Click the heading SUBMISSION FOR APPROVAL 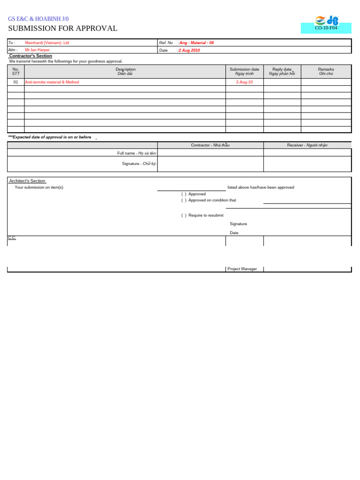[x=63, y=29]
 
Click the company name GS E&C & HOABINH [x=38, y=19]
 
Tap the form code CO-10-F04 [x=326, y=28]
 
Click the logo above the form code [x=326, y=20]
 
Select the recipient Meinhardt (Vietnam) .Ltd [x=47, y=43]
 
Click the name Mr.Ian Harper [x=37, y=50]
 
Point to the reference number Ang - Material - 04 [x=196, y=43]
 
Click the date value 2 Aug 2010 [x=189, y=50]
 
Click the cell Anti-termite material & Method [x=52, y=82]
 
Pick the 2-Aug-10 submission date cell [x=244, y=82]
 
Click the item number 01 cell [x=16, y=82]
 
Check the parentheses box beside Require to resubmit [x=184, y=216]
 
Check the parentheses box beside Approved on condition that [x=184, y=201]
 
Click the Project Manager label [x=242, y=269]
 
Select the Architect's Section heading [x=27, y=181]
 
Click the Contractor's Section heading [x=30, y=56]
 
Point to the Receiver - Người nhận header [x=307, y=145]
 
